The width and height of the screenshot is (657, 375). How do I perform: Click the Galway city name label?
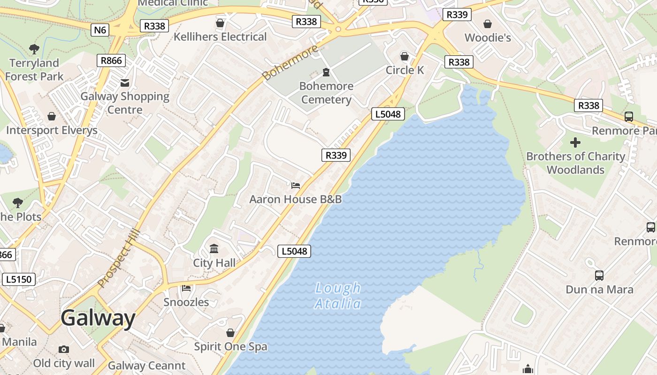click(98, 318)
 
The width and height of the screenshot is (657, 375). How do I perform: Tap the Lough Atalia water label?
click(338, 296)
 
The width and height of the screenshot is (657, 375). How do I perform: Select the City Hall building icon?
click(214, 248)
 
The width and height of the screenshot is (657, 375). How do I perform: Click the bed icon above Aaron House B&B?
click(296, 186)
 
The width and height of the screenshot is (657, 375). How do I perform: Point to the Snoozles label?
click(186, 302)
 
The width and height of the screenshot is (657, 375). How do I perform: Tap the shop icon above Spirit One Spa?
click(230, 333)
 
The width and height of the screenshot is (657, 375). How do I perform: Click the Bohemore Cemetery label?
click(326, 93)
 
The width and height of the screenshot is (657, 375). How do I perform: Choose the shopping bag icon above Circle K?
click(405, 57)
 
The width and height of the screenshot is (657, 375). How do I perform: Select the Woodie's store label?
click(488, 37)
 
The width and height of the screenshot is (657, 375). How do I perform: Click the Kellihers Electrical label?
click(220, 37)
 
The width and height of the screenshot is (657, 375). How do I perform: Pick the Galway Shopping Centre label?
click(125, 103)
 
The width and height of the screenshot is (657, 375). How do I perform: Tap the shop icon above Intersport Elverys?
click(52, 116)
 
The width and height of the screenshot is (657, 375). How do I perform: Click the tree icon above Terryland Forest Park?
click(34, 49)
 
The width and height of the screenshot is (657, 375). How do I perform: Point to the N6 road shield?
click(100, 30)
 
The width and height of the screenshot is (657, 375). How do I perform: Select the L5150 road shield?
click(19, 280)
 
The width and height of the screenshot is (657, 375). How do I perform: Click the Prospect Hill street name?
click(118, 258)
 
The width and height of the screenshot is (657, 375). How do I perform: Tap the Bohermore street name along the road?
click(290, 63)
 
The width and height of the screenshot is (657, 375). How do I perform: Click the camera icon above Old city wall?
click(64, 349)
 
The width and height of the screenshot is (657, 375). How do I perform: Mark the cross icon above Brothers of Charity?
click(575, 142)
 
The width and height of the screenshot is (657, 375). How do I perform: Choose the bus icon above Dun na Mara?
click(599, 275)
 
